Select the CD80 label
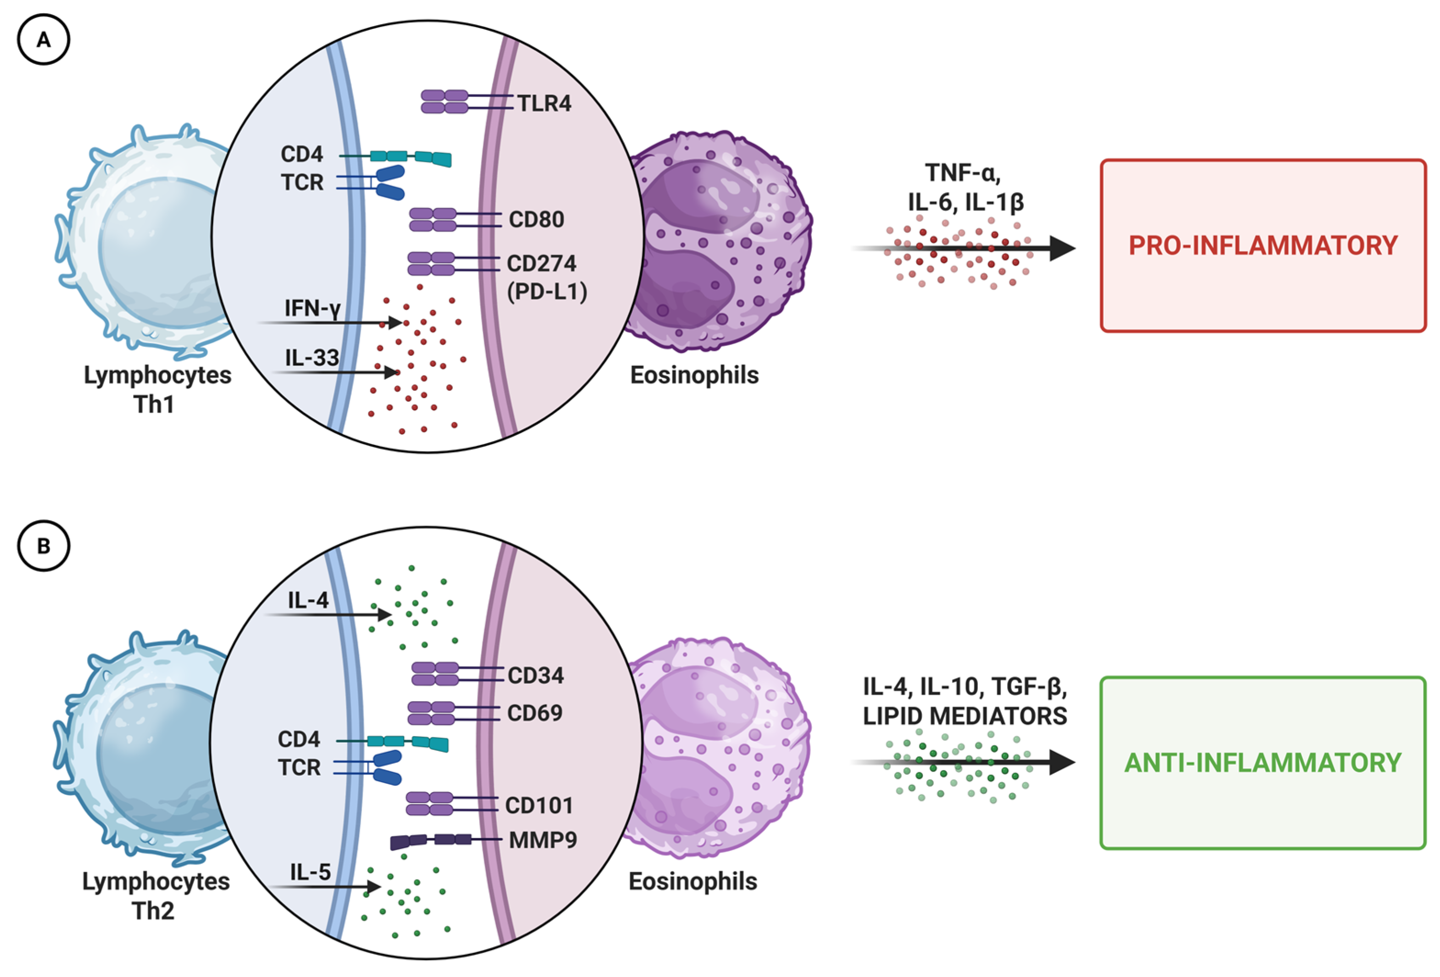pyautogui.click(x=536, y=219)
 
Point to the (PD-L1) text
pyautogui.click(x=547, y=292)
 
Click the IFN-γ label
pyautogui.click(x=313, y=308)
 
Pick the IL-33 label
pyautogui.click(x=312, y=357)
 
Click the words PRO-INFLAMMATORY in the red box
pyautogui.click(x=1263, y=245)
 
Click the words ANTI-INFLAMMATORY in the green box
pyautogui.click(x=1263, y=763)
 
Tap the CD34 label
pyautogui.click(x=536, y=675)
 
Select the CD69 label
pyautogui.click(x=535, y=713)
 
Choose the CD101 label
pyautogui.click(x=538, y=805)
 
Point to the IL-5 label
pyautogui.click(x=310, y=872)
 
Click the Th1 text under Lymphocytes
pyautogui.click(x=154, y=405)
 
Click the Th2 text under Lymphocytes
pyautogui.click(x=153, y=910)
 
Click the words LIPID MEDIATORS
pyautogui.click(x=965, y=716)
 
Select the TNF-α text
pyautogui.click(x=962, y=173)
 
